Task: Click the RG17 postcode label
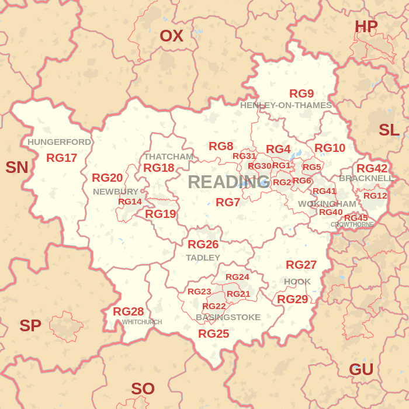(61, 158)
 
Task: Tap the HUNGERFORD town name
(59, 142)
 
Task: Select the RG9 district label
(301, 93)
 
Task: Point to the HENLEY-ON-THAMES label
(286, 105)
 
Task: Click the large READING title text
(222, 182)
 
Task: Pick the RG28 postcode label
(128, 311)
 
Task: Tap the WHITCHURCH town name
(142, 322)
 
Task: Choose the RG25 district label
(213, 334)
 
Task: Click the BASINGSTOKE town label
(228, 317)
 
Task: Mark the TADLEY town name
(203, 258)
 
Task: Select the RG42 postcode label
(372, 168)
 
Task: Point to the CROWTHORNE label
(352, 224)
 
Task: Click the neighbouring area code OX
(171, 36)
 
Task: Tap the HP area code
(366, 26)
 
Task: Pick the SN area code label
(16, 168)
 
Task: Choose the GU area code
(361, 369)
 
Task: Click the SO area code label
(143, 389)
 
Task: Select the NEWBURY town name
(115, 192)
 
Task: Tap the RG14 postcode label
(130, 202)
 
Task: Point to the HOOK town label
(297, 282)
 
